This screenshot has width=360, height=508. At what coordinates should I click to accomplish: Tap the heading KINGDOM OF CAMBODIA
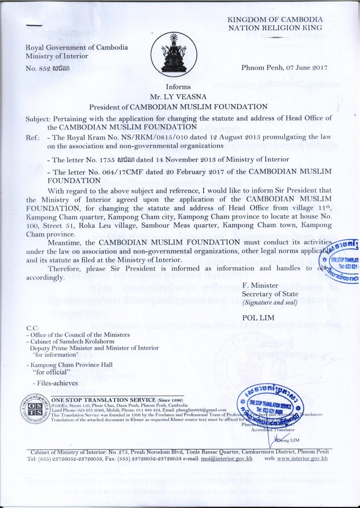click(x=275, y=19)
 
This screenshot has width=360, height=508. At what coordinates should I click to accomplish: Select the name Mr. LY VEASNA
click(x=178, y=97)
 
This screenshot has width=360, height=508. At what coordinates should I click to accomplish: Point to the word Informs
click(x=178, y=87)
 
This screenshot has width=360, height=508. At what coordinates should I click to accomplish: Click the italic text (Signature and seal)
click(x=268, y=302)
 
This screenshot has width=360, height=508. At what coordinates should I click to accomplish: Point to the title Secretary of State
click(x=268, y=294)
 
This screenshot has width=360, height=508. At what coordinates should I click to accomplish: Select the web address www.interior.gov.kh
click(x=302, y=458)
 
